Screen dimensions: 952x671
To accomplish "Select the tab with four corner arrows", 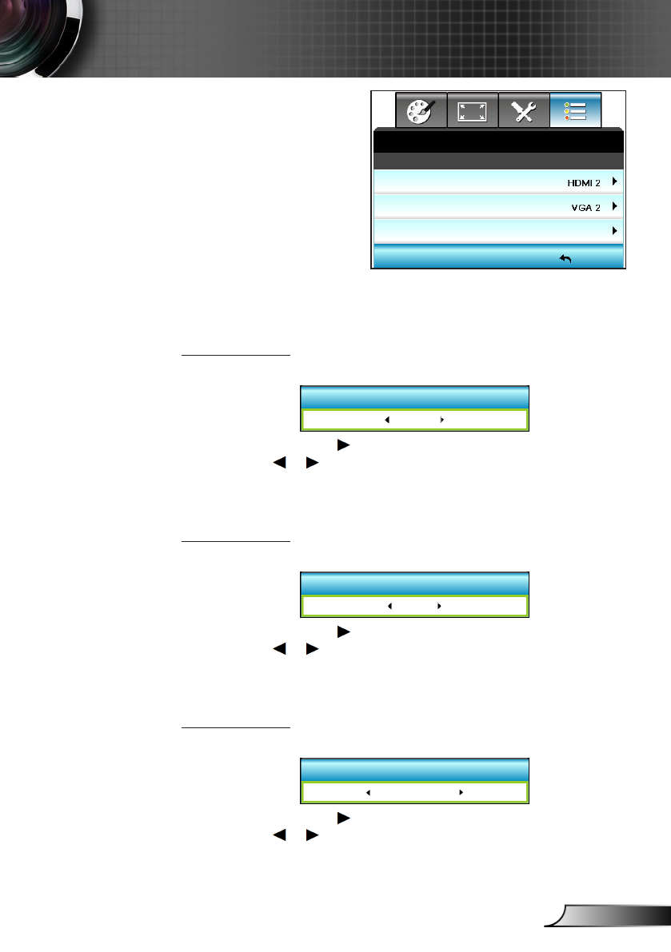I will (x=473, y=111).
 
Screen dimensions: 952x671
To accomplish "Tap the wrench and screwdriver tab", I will (x=524, y=111).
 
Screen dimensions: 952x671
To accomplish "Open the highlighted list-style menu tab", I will (x=575, y=111).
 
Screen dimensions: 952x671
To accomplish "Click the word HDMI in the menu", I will (x=577, y=183).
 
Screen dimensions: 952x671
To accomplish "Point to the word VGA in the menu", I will (x=579, y=207).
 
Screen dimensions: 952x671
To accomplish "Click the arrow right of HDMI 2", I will (x=614, y=182).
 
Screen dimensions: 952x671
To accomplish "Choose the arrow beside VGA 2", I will (x=614, y=206).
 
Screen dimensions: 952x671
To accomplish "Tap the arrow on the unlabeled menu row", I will (x=614, y=230).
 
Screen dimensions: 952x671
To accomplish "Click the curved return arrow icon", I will (x=565, y=258).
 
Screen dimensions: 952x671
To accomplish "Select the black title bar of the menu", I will (x=497, y=141).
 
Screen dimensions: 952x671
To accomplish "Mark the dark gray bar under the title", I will (x=497, y=161).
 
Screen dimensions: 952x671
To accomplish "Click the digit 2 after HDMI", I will (x=598, y=183).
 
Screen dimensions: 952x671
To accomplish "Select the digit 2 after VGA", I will (x=598, y=207).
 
